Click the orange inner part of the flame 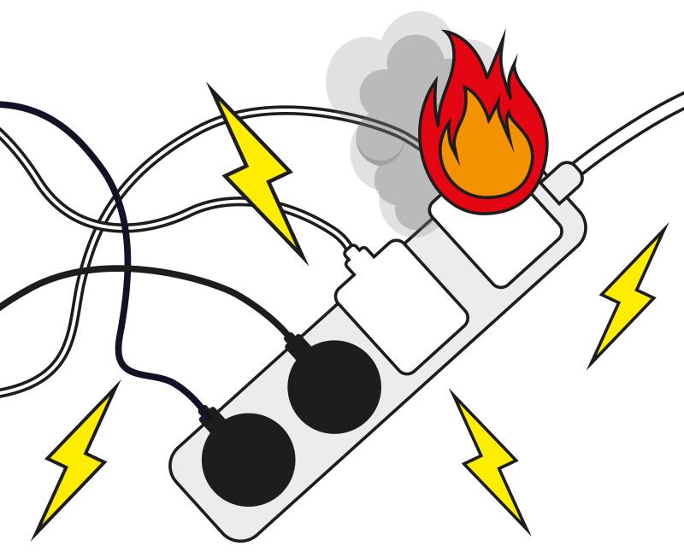point(483,154)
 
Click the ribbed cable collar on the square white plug point(357,254)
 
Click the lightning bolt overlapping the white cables point(256,171)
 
